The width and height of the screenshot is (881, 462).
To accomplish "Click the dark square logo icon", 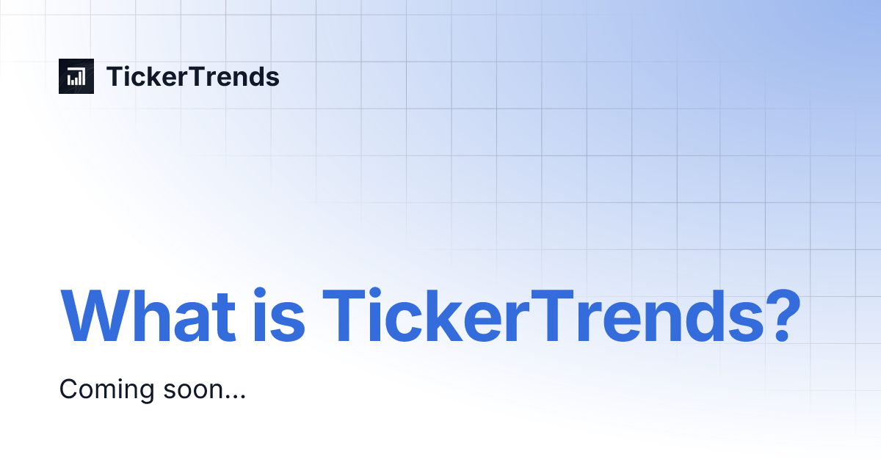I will click(x=76, y=76).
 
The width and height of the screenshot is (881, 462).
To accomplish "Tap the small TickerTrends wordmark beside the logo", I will click(x=193, y=77).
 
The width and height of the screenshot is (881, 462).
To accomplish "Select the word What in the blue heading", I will click(x=148, y=317).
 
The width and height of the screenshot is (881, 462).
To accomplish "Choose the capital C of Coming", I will click(x=68, y=389).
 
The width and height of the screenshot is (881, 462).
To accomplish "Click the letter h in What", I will click(x=159, y=317).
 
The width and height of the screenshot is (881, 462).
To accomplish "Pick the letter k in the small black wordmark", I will click(x=156, y=77).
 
